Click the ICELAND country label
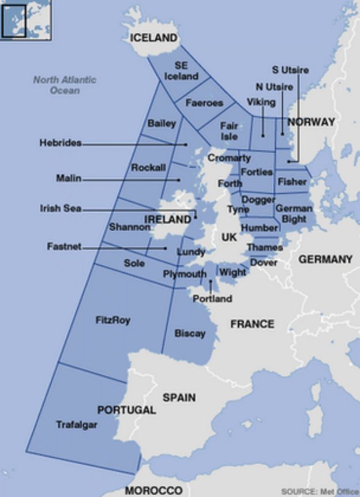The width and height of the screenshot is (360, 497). point(153,38)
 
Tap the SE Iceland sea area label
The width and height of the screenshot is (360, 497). point(181,71)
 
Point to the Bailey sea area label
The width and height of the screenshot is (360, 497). point(162,123)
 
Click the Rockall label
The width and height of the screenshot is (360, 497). point(148,167)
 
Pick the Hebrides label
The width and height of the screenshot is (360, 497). point(61,142)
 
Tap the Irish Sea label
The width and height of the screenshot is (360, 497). point(61,209)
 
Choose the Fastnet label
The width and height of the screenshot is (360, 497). point(64,247)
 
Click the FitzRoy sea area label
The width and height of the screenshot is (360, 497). point(112,320)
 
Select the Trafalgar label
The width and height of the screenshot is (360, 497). point(76,425)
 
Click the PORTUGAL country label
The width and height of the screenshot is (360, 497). point(126,411)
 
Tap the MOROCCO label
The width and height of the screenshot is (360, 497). point(154,491)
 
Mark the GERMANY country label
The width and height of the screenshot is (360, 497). point(325,259)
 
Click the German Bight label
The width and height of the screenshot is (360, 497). point(294,213)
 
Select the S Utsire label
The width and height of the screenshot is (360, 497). point(290,70)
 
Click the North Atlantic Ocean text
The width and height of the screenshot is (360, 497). point(65,85)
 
